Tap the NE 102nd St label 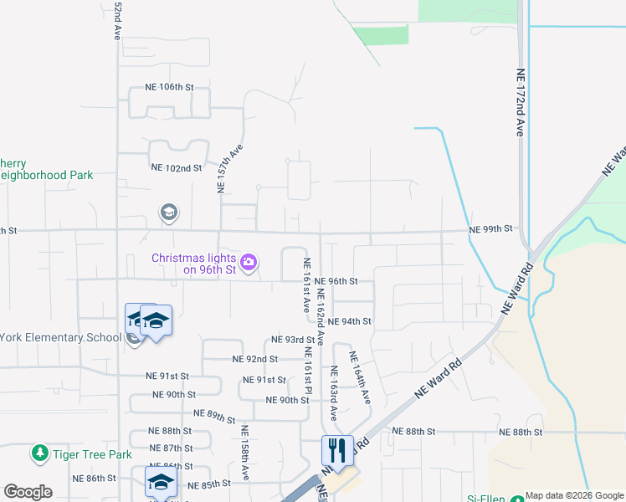pos(177,167)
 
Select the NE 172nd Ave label pos(520,103)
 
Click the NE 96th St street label pos(337,281)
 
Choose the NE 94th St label pos(350,321)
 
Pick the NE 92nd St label pos(254,359)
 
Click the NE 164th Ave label pos(360,377)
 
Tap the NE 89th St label pos(215,415)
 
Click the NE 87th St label pos(171,448)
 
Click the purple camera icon pos(248,264)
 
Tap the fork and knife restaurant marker pos(337,450)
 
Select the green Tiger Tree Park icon pos(39,454)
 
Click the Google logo pos(28,492)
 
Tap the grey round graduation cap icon pos(169,213)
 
